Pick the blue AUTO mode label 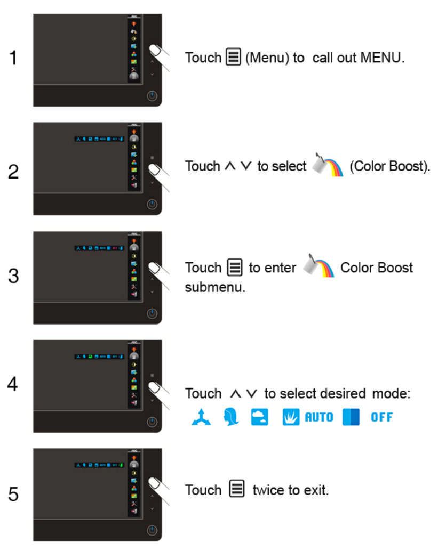pyautogui.click(x=318, y=417)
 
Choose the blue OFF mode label pyautogui.click(x=382, y=417)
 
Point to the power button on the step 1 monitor pyautogui.click(x=153, y=96)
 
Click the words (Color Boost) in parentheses pyautogui.click(x=389, y=166)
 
